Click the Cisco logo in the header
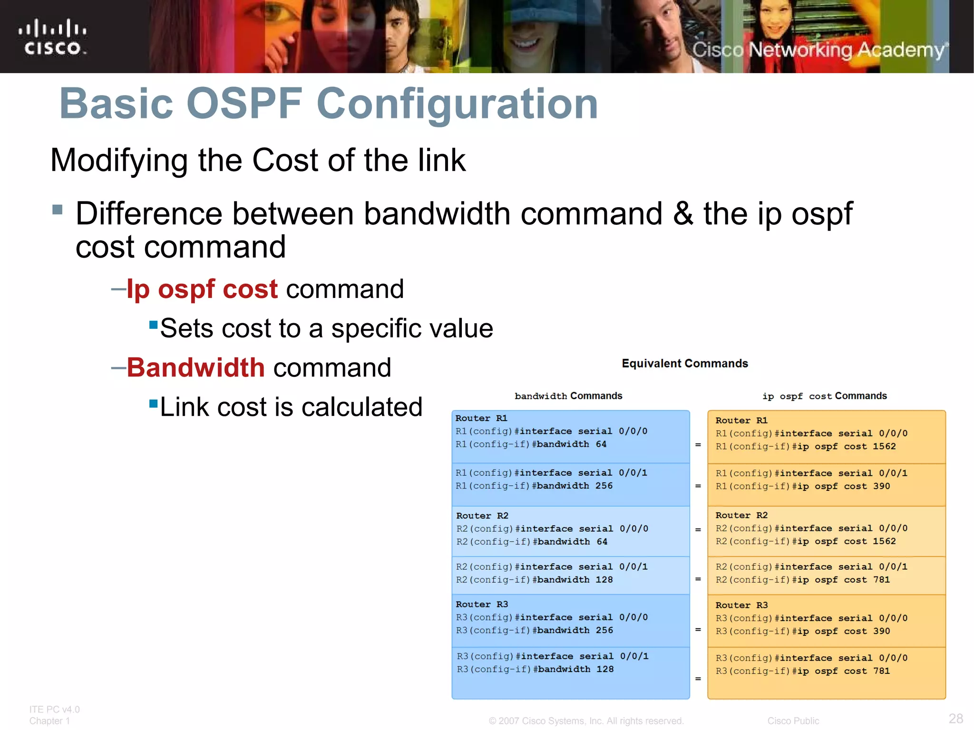point(52,37)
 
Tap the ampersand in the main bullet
point(682,213)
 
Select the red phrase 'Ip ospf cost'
point(202,289)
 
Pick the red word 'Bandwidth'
point(195,367)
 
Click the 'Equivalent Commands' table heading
point(684,364)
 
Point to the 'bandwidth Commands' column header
point(568,396)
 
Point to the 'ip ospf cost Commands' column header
point(824,396)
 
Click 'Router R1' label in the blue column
point(481,418)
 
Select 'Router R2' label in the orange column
point(741,515)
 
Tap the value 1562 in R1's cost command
point(884,446)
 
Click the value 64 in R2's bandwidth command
point(602,542)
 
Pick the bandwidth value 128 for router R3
point(605,669)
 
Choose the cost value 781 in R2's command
point(881,580)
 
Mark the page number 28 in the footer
point(955,718)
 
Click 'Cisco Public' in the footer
point(793,721)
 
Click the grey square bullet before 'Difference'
point(58,210)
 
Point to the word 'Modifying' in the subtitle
point(119,160)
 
